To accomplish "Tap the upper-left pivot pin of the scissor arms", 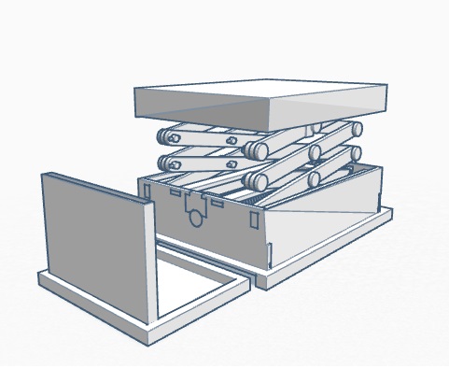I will [168, 136].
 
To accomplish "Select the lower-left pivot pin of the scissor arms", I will [169, 163].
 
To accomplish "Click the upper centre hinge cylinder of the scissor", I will [253, 149].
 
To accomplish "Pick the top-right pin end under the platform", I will [356, 128].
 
